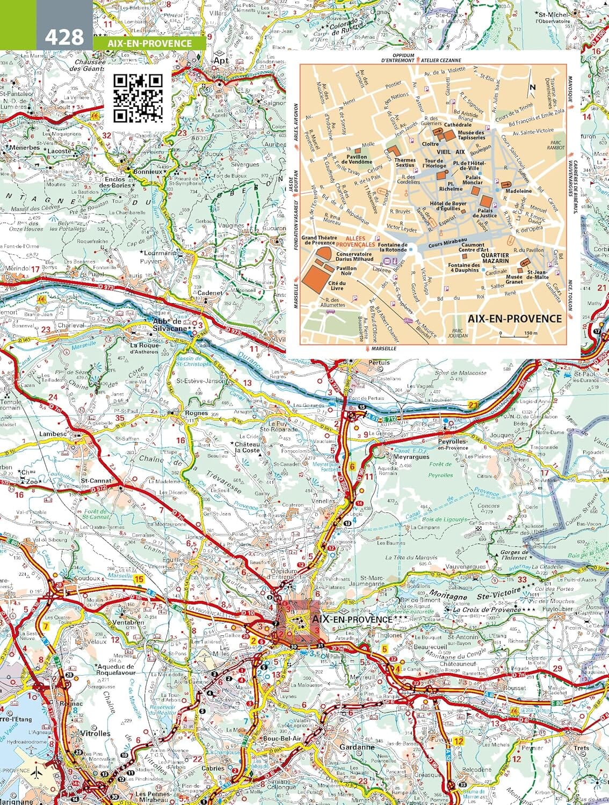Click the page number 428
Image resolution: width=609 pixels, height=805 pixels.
point(64,36)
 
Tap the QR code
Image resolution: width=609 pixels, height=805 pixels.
point(138,98)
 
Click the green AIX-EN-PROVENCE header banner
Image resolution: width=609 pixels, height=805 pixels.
point(149,43)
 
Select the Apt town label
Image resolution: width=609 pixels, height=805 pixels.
point(221,61)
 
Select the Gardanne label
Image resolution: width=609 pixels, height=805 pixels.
point(357,747)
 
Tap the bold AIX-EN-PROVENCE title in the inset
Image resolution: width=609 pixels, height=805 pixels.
point(514,318)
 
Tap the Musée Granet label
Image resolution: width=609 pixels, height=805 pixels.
point(514,279)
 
